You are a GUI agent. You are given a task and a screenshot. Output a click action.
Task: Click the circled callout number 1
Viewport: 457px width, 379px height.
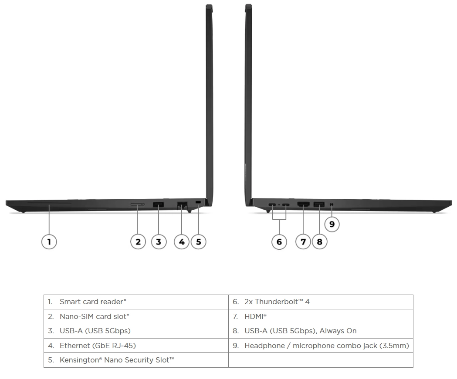[49, 241]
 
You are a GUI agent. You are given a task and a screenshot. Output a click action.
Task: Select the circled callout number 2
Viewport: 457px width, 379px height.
[138, 241]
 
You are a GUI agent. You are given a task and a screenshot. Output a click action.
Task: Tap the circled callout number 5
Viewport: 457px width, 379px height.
[199, 241]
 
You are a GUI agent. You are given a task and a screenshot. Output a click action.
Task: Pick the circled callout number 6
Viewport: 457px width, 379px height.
[279, 241]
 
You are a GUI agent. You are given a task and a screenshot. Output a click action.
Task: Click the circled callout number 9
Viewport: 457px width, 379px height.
[332, 224]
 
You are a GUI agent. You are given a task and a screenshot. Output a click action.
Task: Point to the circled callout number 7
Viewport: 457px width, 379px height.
[303, 241]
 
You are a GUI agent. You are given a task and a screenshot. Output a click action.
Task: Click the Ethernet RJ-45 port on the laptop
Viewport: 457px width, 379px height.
[182, 205]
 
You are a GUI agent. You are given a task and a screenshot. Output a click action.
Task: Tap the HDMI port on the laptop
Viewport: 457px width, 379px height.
[303, 205]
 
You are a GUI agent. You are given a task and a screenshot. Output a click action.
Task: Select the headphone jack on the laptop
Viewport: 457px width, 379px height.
[332, 205]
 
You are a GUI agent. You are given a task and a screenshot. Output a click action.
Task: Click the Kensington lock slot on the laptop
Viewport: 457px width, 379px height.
[199, 202]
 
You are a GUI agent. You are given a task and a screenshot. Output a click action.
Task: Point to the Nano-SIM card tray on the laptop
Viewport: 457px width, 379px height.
[137, 205]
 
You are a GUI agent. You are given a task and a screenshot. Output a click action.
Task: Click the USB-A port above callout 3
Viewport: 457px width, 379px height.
[158, 205]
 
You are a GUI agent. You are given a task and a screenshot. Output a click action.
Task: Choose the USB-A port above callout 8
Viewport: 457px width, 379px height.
[319, 205]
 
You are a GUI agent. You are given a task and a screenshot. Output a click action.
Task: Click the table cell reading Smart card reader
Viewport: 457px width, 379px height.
[136, 302]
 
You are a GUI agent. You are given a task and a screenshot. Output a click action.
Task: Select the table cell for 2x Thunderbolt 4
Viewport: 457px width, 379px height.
[321, 302]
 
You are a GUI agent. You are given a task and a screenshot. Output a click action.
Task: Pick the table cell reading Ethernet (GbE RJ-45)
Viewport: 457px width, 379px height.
[136, 345]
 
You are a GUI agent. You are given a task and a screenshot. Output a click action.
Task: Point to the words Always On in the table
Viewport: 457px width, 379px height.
[338, 331]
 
